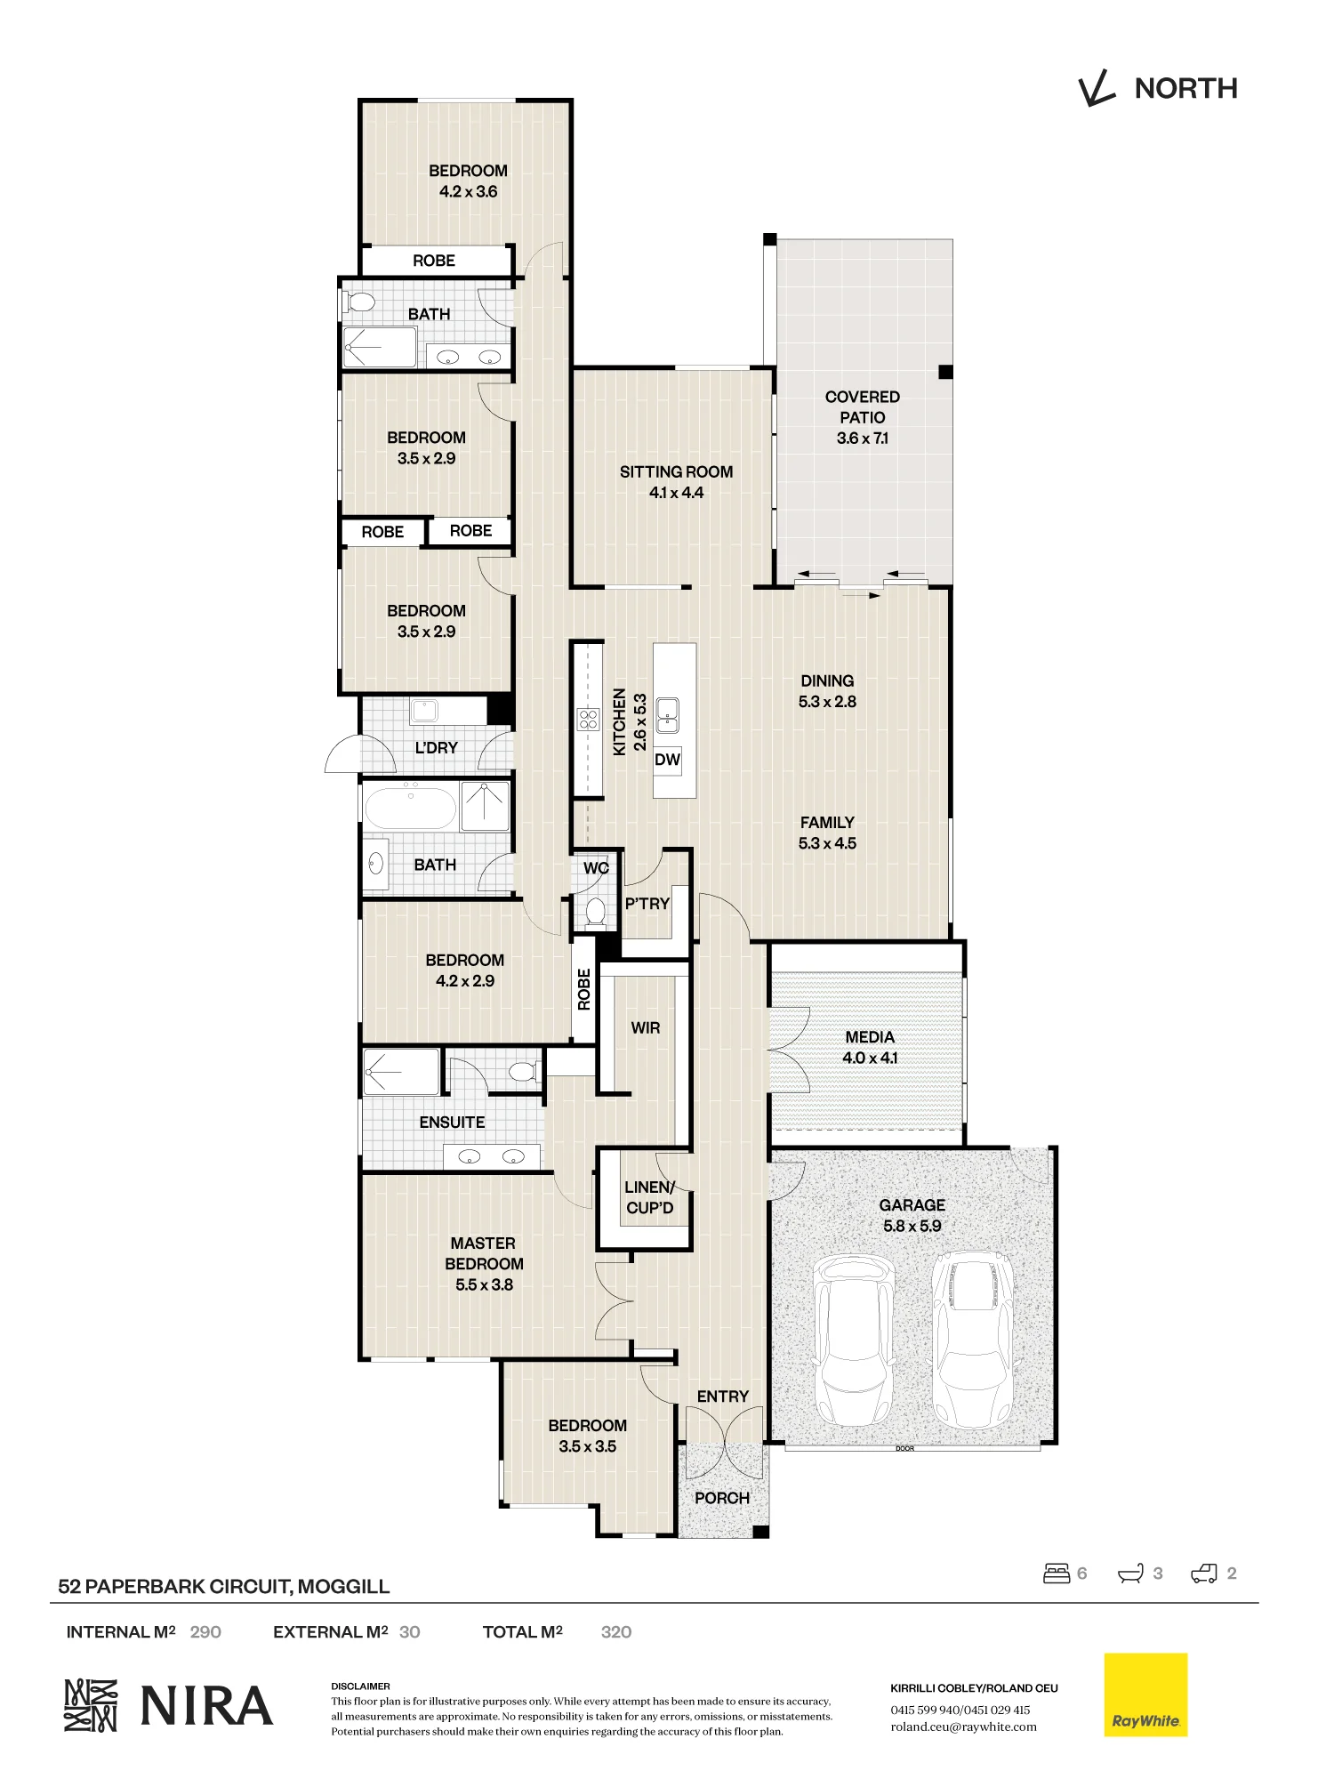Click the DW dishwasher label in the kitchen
[667, 760]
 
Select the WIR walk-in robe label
[646, 1028]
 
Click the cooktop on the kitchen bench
[588, 719]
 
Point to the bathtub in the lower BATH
[410, 808]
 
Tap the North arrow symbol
[1097, 89]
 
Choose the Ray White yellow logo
[1145, 1694]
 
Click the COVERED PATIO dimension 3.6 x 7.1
[862, 438]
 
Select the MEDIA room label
[870, 1037]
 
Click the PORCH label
[722, 1498]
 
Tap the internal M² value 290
[205, 1632]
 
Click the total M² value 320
[616, 1632]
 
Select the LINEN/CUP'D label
[649, 1197]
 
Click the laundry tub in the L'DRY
[424, 711]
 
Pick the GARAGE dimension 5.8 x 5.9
[912, 1226]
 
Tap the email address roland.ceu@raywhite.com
[963, 1727]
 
